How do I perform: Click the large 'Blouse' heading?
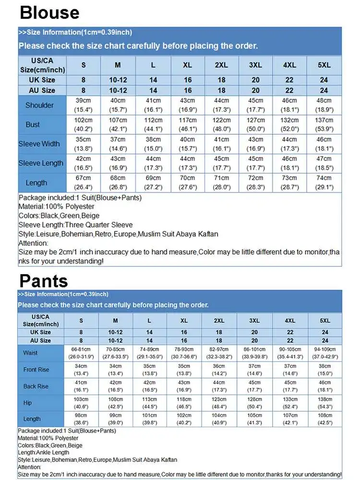point(50,12)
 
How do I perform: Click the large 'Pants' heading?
point(44,280)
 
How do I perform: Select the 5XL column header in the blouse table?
point(324,65)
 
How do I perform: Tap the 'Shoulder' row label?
point(39,105)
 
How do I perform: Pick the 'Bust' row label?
point(33,124)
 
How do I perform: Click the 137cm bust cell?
point(324,124)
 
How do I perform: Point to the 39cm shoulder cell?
point(83,105)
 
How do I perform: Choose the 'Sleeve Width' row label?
point(39,144)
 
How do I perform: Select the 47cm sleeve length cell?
point(324,163)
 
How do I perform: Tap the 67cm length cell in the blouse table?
point(83,182)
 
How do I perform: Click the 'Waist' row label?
point(30,353)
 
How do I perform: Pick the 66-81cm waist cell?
point(81,353)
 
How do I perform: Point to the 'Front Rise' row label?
point(36,370)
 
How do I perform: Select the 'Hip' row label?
point(28,403)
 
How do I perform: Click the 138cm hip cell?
point(325,403)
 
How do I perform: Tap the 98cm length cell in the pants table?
point(81,419)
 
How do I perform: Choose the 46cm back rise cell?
point(325,386)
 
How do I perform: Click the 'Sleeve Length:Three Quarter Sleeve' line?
point(75,225)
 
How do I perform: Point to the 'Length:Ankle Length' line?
point(44,452)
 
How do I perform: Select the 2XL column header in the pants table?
point(219,321)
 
